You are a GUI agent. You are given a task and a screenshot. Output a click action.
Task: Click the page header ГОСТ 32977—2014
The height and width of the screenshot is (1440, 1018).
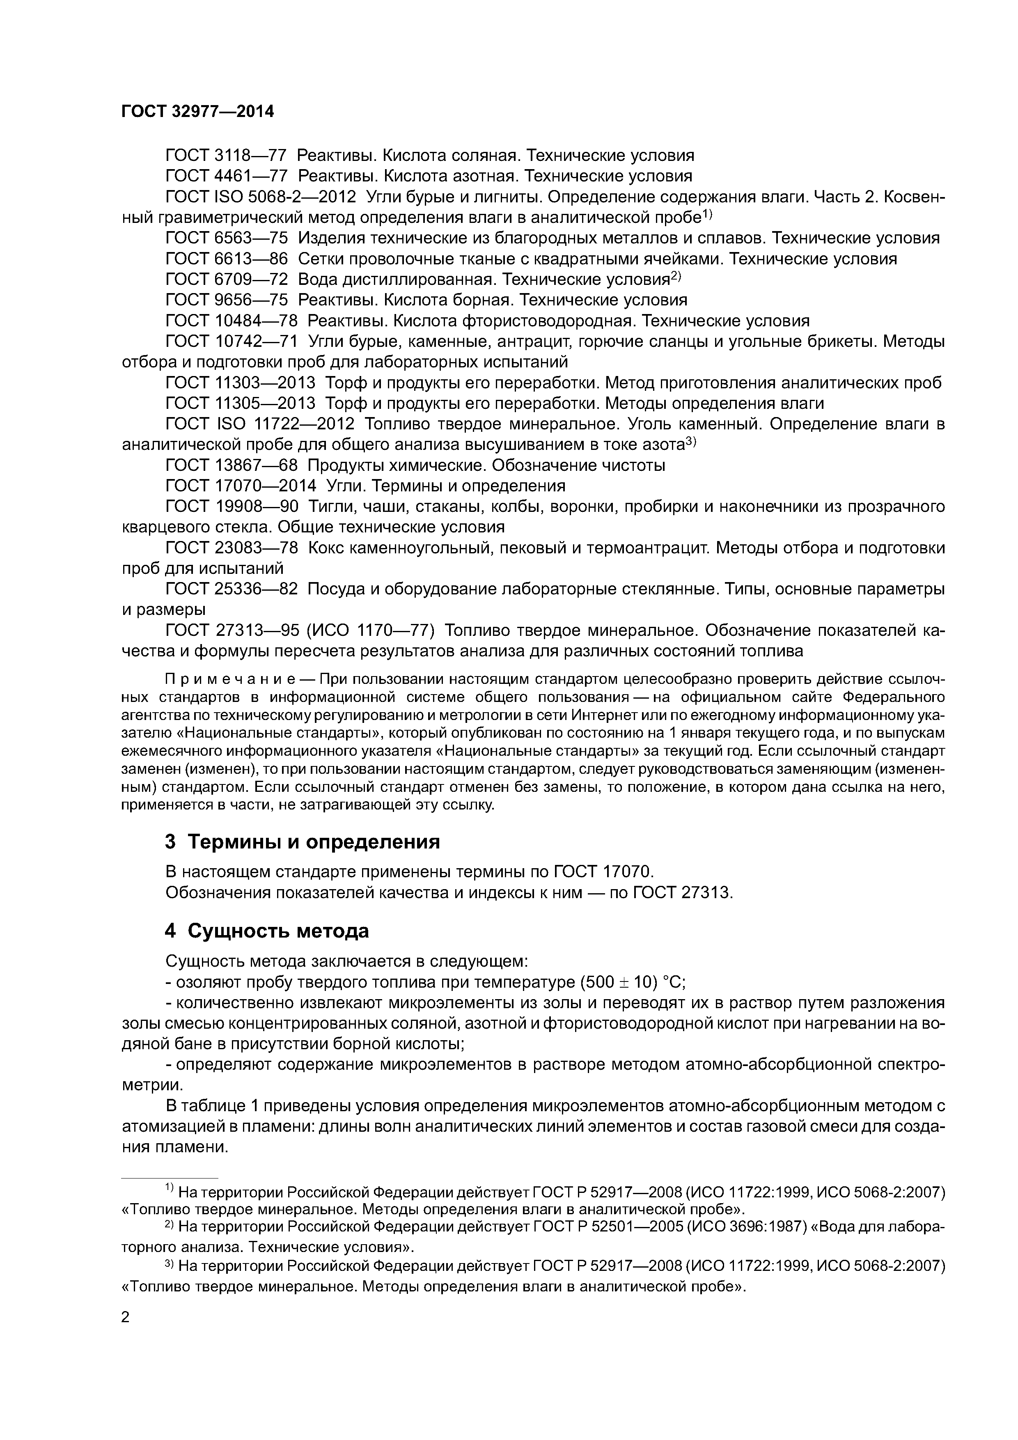point(197,112)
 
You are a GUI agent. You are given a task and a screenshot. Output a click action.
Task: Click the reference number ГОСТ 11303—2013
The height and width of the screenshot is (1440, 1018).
point(240,383)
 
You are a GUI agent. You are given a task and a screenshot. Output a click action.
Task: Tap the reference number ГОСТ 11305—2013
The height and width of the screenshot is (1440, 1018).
point(240,403)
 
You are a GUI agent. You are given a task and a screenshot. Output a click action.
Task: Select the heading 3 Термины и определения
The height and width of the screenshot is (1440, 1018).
point(303,842)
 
